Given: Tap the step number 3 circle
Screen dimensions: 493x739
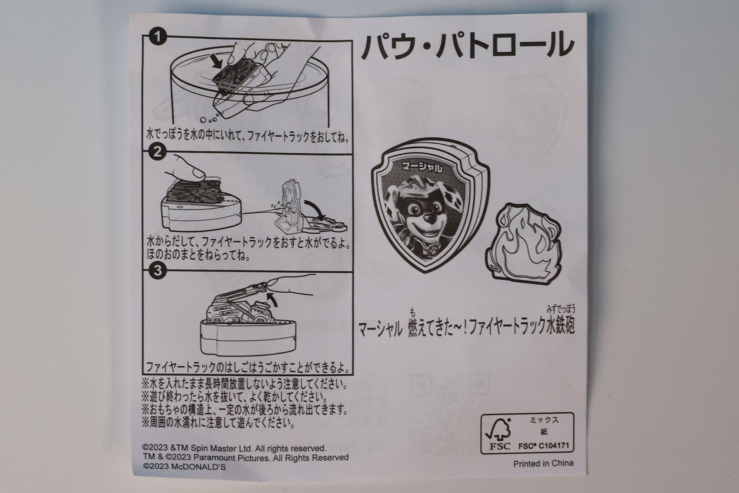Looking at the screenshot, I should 157,271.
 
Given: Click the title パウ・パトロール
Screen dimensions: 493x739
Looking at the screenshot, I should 466,45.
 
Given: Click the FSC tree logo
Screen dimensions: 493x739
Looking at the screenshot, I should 497,434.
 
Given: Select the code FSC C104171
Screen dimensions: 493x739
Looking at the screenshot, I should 543,446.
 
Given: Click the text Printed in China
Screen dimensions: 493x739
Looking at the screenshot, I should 543,463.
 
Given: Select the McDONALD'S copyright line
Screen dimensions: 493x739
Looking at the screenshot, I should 184,466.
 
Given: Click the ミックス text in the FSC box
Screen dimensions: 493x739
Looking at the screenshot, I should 543,421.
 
